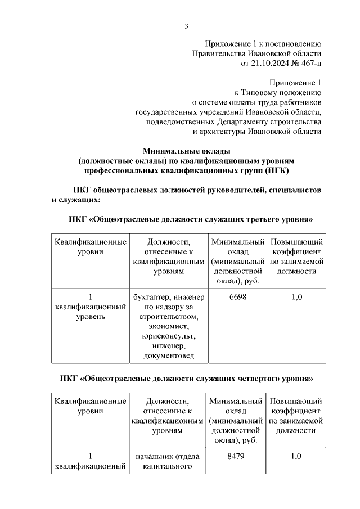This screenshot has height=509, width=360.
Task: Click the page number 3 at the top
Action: pos(186,26)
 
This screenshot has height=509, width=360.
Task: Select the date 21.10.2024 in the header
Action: pos(268,64)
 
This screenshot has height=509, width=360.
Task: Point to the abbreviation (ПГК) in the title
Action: pos(277,171)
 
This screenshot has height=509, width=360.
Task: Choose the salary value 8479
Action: pos(236,456)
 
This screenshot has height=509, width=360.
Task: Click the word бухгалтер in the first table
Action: pos(152,297)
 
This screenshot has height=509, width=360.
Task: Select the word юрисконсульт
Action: pos(169,336)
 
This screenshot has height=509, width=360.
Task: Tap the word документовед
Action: pos(169,355)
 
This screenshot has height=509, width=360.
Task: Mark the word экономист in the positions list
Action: pos(169,326)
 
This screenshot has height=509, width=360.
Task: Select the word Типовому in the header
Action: pos(258,93)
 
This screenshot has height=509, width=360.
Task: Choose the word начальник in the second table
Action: pos(151,456)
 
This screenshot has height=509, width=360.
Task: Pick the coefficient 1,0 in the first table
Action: pos(297,297)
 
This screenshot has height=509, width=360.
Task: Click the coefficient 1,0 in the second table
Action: pos(296,456)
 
